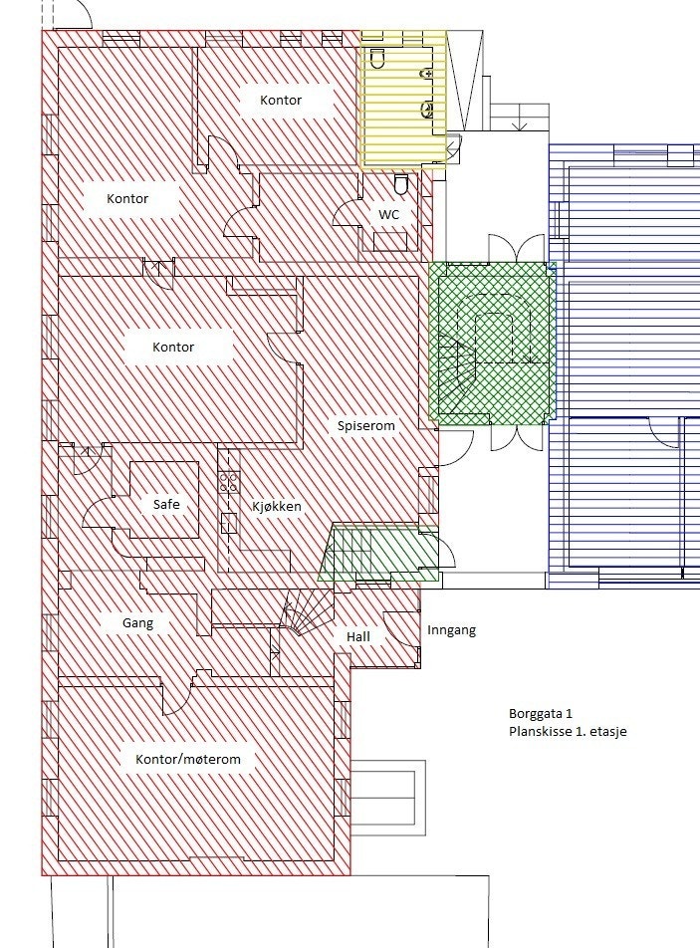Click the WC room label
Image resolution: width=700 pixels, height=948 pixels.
coord(388,214)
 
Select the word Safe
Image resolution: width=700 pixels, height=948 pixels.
coord(166,505)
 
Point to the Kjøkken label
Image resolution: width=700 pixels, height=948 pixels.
coord(276,506)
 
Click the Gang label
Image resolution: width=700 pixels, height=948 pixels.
coord(137,623)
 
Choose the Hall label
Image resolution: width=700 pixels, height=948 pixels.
coord(358,636)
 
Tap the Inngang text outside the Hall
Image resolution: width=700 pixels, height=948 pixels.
coord(451,630)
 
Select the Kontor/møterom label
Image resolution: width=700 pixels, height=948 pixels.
coord(188,759)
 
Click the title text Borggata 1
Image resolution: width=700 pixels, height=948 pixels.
coord(541,714)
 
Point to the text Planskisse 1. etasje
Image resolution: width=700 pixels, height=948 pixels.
coord(568,731)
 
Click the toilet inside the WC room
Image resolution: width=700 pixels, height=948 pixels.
coord(401,185)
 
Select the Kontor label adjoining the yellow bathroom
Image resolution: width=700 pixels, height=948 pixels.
coord(281,100)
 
